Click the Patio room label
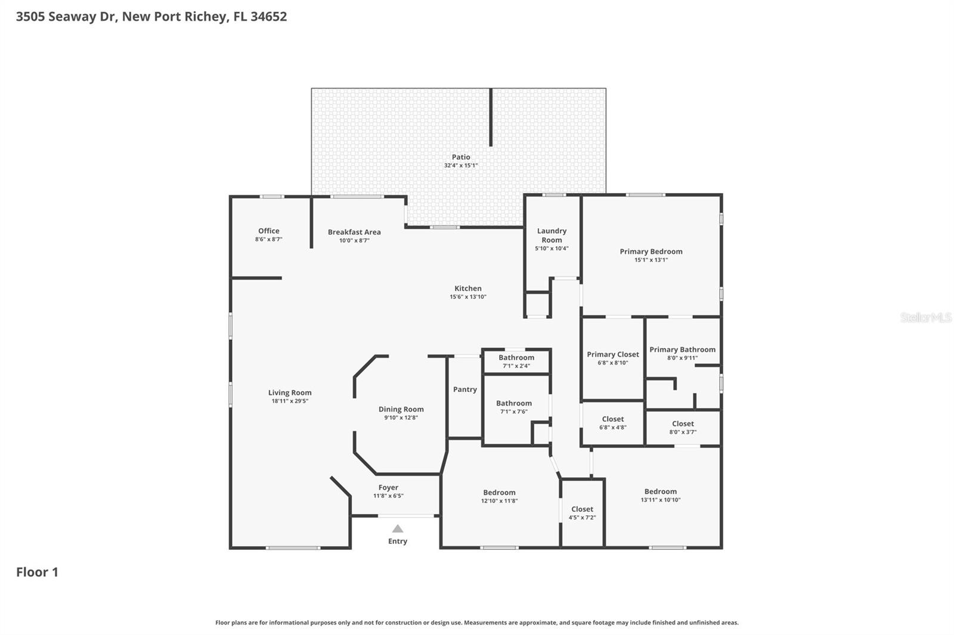point(460,157)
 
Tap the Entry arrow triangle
point(398,529)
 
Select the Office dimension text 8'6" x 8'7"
point(268,239)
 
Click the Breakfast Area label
point(354,232)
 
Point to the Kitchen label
point(468,288)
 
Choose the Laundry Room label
point(552,235)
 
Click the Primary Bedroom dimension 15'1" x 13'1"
point(651,260)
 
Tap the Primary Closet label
point(612,354)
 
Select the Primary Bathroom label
point(682,350)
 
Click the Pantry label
point(464,390)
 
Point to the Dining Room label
point(401,409)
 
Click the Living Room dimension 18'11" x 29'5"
point(290,401)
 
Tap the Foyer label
point(388,487)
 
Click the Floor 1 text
point(37,572)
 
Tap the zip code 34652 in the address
point(268,17)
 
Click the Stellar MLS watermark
point(925,317)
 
